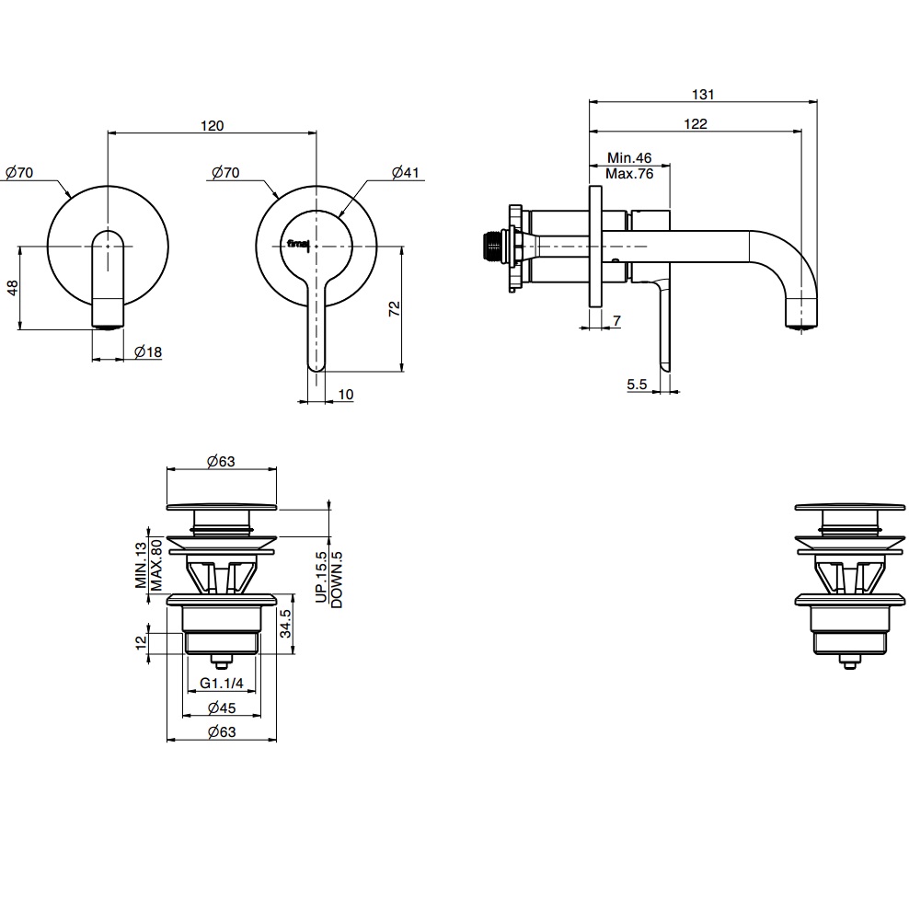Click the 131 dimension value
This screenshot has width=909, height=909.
[x=704, y=94]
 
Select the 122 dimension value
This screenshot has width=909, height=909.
[x=696, y=124]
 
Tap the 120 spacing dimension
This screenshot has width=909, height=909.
[x=212, y=126]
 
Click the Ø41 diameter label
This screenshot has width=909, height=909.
[x=405, y=173]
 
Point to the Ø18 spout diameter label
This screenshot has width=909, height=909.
[x=148, y=351]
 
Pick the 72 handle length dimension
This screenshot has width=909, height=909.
[x=395, y=308]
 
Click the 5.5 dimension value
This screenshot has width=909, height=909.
[x=638, y=385]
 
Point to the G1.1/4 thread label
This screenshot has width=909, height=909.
[x=222, y=683]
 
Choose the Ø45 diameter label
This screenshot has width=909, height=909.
[x=222, y=708]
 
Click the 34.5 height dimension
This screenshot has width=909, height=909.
[x=286, y=625]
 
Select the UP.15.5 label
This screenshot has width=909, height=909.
[x=321, y=577]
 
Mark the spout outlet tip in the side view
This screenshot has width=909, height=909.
[x=801, y=322]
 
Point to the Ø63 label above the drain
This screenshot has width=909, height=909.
[x=221, y=462]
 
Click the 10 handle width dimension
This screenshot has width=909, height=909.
[x=346, y=394]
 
